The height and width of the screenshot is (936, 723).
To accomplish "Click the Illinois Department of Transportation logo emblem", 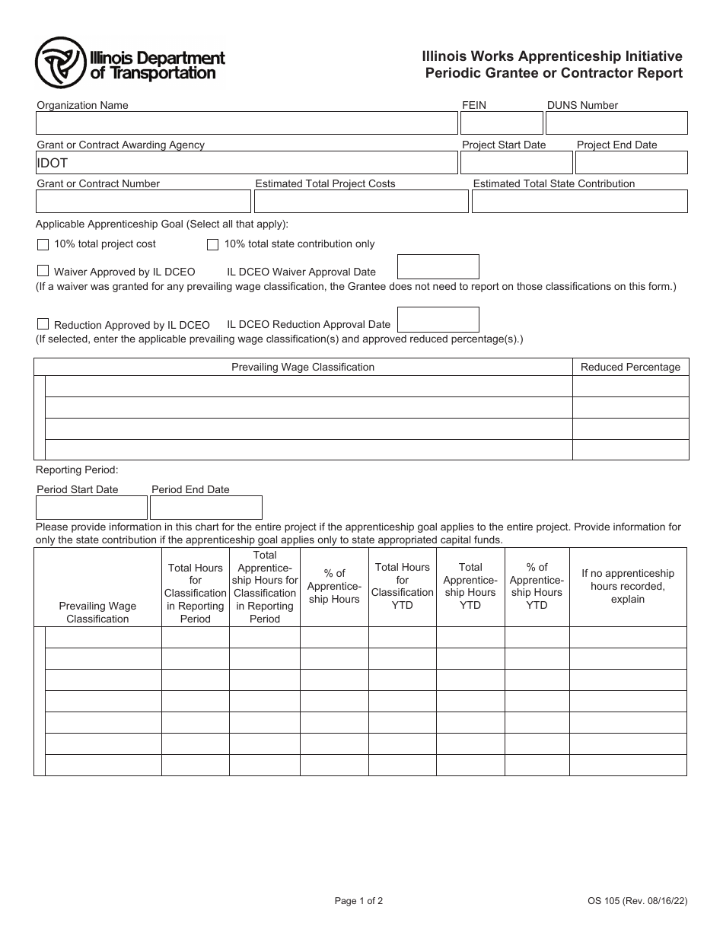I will click(x=61, y=64).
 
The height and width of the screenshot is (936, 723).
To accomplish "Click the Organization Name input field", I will click(x=247, y=123).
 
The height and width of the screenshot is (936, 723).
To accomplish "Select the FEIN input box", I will click(x=502, y=123).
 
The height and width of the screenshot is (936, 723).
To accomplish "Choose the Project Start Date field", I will click(x=517, y=163).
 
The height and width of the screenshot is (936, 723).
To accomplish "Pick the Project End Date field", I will click(x=631, y=163).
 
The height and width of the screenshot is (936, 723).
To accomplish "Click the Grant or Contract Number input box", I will click(x=143, y=202).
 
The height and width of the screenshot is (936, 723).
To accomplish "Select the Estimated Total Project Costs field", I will click(x=361, y=202).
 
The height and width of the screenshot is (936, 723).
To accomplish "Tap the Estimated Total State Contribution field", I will click(x=579, y=202).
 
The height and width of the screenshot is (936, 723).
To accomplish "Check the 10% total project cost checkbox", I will click(x=43, y=244).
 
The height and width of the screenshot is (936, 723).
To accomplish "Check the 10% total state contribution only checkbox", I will click(x=213, y=244).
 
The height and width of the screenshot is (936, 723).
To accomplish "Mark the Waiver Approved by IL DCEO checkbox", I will click(x=43, y=271).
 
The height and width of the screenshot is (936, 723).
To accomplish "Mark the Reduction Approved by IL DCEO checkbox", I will click(x=43, y=323).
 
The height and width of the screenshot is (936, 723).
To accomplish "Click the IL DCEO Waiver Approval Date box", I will click(x=438, y=267).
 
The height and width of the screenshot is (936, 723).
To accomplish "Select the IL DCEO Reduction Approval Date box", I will click(x=438, y=320).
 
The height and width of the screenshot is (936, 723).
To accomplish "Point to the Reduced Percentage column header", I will click(x=630, y=367).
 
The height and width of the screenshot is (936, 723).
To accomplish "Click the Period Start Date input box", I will click(x=91, y=508).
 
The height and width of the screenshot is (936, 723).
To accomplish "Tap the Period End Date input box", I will click(x=206, y=508).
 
